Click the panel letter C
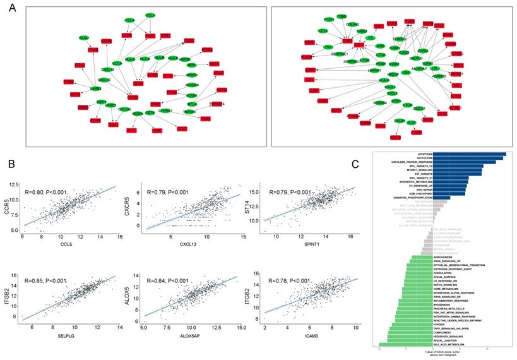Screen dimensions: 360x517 355,164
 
